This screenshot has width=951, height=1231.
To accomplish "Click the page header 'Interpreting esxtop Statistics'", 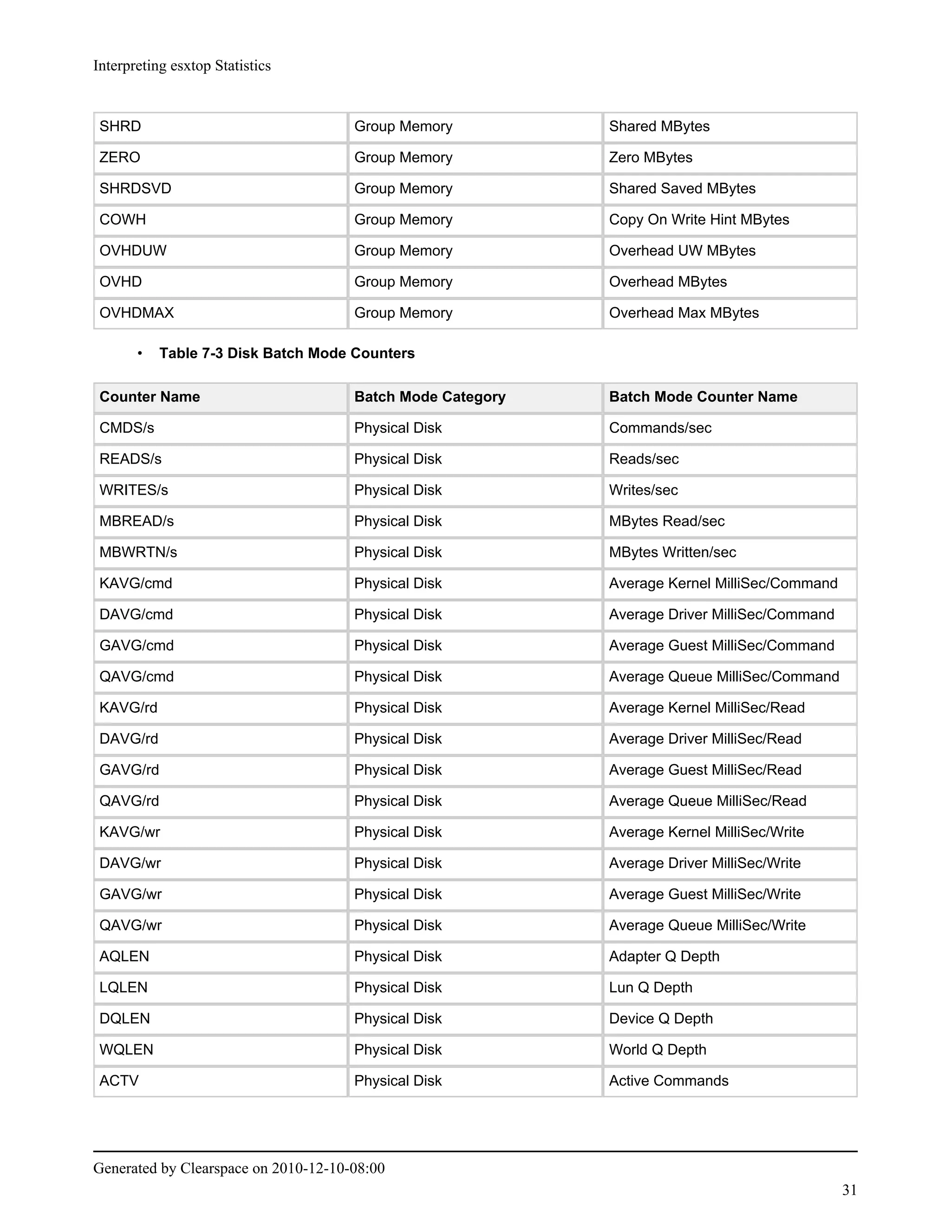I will pyautogui.click(x=182, y=66).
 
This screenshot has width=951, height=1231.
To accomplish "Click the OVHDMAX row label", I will pyautogui.click(x=137, y=313).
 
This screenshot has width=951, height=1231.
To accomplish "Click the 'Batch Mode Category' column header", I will pyautogui.click(x=430, y=397).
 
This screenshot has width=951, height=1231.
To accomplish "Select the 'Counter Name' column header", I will pyautogui.click(x=150, y=397).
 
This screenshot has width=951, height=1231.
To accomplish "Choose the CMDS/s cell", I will pyautogui.click(x=127, y=428).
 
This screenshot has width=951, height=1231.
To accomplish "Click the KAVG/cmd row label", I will pyautogui.click(x=136, y=583).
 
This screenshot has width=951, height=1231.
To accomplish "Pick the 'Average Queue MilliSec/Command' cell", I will pyautogui.click(x=723, y=676).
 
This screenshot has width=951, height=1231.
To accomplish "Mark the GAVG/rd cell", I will pyautogui.click(x=129, y=770).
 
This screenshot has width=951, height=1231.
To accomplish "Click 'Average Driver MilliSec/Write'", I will pyautogui.click(x=704, y=863).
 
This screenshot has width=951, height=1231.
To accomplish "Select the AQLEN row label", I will pyautogui.click(x=124, y=956).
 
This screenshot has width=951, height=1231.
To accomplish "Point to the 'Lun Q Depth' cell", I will pyautogui.click(x=650, y=988).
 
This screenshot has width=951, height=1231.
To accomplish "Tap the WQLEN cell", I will pyautogui.click(x=126, y=1049).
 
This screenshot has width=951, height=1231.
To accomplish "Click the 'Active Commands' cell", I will pyautogui.click(x=668, y=1080).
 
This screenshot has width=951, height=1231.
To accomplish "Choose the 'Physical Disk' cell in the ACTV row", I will pyautogui.click(x=398, y=1080).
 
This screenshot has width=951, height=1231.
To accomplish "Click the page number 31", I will pyautogui.click(x=849, y=1190).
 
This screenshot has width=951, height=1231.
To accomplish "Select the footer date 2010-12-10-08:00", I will pyautogui.click(x=328, y=1168).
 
